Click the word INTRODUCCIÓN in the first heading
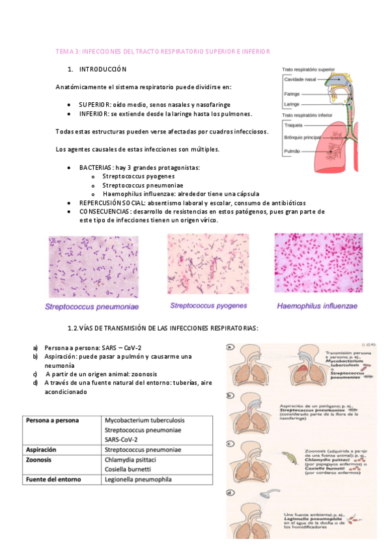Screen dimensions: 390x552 click(103, 69)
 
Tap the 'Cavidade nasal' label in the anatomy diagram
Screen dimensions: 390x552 click(299, 79)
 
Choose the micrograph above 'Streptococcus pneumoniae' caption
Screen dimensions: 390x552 click(94, 266)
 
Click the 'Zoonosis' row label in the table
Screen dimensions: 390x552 click(41, 459)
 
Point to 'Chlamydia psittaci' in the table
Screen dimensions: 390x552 click(130, 459)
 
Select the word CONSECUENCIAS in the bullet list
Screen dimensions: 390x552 click(104, 212)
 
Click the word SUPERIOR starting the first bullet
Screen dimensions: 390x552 click(94, 105)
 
